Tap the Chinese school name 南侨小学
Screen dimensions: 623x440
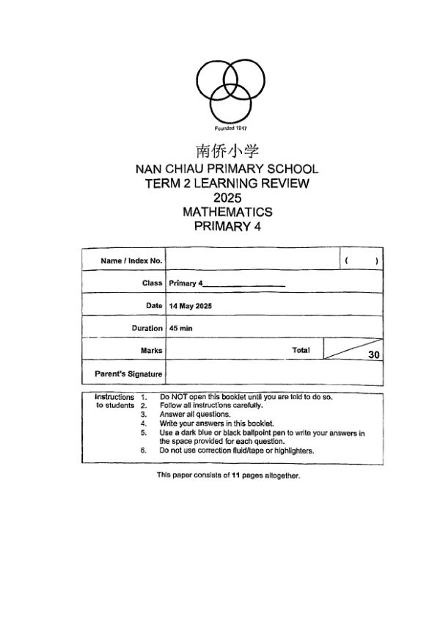[x=227, y=151]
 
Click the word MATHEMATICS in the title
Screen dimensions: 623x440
[x=227, y=212]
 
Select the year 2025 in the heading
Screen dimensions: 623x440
[x=227, y=197]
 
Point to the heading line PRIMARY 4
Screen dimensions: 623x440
[x=227, y=227]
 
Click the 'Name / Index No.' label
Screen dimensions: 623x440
[x=131, y=261]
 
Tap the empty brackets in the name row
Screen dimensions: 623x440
[x=361, y=261]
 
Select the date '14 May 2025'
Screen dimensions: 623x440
[x=190, y=306]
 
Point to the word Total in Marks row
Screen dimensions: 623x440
[x=301, y=350]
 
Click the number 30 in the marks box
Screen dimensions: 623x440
[x=373, y=355]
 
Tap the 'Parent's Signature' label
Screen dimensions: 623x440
[x=128, y=374]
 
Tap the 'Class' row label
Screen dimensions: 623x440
[x=152, y=283]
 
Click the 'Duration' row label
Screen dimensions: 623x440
[x=147, y=329]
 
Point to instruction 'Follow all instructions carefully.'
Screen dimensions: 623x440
[x=211, y=405]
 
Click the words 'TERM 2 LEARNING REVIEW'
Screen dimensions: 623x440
[x=227, y=183]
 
